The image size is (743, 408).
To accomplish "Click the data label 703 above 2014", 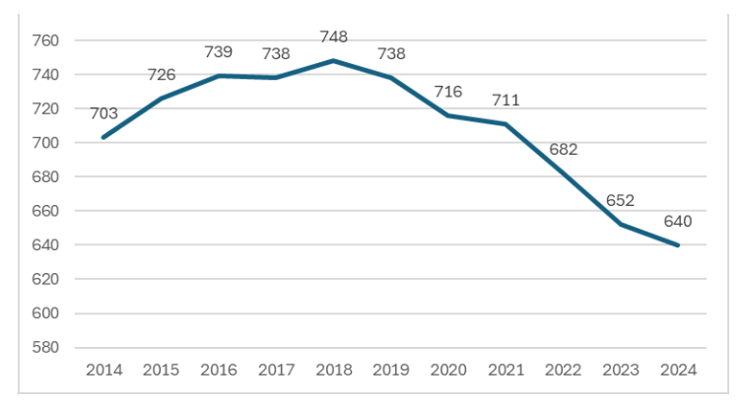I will point(103,114).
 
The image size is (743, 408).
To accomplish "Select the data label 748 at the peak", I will point(334,37).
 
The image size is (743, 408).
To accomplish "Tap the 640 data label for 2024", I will point(677,221).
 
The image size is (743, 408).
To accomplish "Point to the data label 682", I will point(563,150).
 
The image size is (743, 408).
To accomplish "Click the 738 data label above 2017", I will point(276,54).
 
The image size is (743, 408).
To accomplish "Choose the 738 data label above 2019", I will point(391,54).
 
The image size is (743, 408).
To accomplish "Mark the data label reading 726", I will point(161,75).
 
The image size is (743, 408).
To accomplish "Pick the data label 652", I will point(620,201).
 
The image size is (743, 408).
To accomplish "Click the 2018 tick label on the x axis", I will point(334,371).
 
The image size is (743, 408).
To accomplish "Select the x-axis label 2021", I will point(507,371).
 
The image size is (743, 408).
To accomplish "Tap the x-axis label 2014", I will point(103,371).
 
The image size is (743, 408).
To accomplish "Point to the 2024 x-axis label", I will point(679,371).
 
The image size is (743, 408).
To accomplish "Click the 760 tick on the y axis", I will point(45,40).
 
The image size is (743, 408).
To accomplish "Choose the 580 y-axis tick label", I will point(45,348).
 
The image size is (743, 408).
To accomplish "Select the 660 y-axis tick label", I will point(45,211).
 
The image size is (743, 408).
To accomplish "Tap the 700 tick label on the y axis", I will point(45,143).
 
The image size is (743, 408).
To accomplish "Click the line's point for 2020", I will point(449,115).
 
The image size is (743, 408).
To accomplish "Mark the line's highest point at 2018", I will point(334,60).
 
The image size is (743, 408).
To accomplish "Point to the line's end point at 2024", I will point(679,245).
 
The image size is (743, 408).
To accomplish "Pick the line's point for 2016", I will point(219,76).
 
